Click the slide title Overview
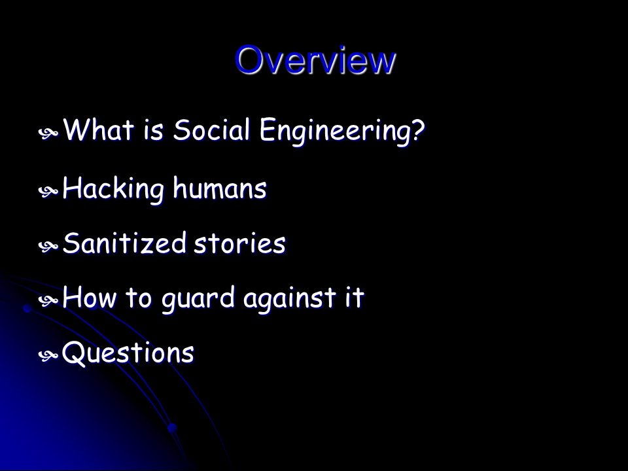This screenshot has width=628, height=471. click(315, 60)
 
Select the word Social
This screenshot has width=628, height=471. click(212, 130)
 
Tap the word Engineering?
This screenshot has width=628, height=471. click(342, 131)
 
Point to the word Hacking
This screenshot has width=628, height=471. click(113, 189)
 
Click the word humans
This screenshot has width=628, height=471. click(220, 188)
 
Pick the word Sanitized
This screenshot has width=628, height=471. click(124, 243)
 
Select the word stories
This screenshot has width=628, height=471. click(240, 243)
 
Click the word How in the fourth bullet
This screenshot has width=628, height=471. click(90, 298)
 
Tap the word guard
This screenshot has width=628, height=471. click(198, 300)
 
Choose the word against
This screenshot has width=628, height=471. click(290, 300)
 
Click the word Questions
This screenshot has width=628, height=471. click(128, 353)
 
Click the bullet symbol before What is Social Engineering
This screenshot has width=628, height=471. click(48, 133)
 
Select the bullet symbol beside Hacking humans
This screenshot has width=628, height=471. click(48, 192)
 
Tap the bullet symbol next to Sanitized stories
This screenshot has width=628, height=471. click(48, 247)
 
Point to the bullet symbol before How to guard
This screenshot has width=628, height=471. click(48, 300)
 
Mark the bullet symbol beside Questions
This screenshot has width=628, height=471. click(48, 355)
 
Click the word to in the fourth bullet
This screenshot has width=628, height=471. click(139, 298)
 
